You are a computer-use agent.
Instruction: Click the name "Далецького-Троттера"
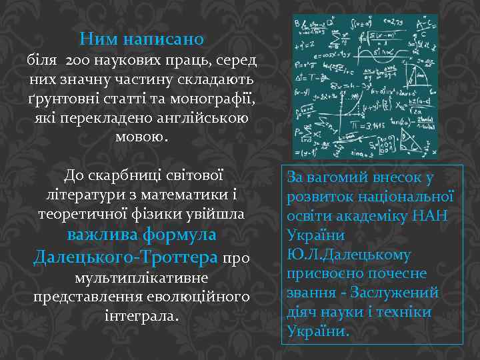[125, 256]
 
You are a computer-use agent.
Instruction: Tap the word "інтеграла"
[141, 315]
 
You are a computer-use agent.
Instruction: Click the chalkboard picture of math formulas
[365, 86]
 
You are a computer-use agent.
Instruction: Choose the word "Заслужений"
[399, 293]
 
